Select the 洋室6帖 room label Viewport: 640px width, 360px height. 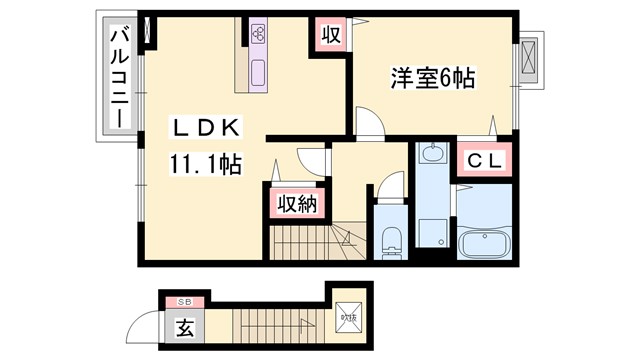(431, 76)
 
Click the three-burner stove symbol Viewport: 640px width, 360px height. (259, 34)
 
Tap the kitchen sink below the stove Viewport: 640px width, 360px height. (259, 72)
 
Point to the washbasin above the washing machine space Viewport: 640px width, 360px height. (432, 154)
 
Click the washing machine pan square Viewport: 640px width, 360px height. (431, 228)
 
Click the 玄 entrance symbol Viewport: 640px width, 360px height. (185, 327)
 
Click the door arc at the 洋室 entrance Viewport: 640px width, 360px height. (368, 123)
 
